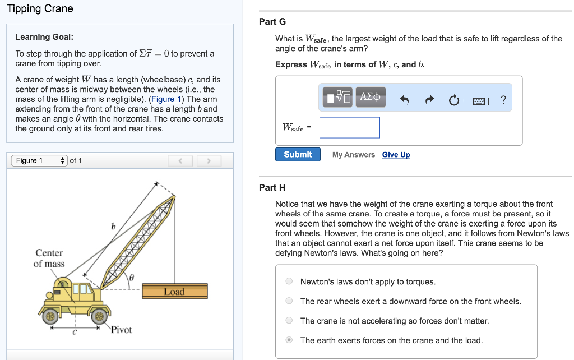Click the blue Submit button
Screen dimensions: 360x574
(x=298, y=154)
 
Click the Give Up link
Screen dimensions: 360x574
(x=396, y=155)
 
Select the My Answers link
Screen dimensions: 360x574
(x=353, y=155)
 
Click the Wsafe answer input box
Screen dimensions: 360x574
(x=350, y=127)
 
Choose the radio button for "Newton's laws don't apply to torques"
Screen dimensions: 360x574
(x=289, y=281)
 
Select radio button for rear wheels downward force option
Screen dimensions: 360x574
(x=289, y=301)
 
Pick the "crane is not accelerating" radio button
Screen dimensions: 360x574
(x=289, y=321)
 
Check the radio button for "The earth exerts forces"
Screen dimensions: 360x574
(x=289, y=340)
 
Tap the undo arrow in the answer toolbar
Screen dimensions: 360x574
(x=405, y=100)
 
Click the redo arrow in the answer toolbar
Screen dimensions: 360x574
(x=429, y=100)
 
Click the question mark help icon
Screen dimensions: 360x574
(x=503, y=100)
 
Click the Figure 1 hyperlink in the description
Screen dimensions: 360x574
(x=166, y=99)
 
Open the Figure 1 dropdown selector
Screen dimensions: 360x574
(x=39, y=161)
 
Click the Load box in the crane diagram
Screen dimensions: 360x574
(x=174, y=291)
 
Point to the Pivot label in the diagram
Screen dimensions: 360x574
(x=121, y=330)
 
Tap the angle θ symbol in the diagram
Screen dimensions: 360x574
(x=132, y=277)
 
